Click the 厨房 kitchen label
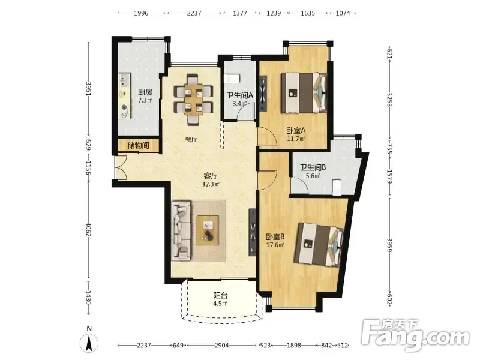click(x=145, y=92)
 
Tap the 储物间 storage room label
click(x=139, y=145)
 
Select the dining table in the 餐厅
click(x=193, y=99)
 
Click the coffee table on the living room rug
click(x=208, y=230)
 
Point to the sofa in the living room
click(x=181, y=230)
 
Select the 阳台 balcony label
click(x=220, y=295)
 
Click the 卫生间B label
click(x=313, y=167)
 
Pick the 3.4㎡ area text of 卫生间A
click(x=239, y=103)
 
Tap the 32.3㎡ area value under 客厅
click(x=211, y=184)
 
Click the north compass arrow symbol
click(x=89, y=343)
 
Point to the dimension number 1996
click(x=141, y=13)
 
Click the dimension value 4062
click(x=88, y=229)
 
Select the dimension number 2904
click(x=221, y=346)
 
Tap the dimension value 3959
click(x=389, y=245)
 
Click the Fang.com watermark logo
click(x=415, y=335)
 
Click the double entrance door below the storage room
click(x=121, y=167)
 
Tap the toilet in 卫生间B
click(x=337, y=187)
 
